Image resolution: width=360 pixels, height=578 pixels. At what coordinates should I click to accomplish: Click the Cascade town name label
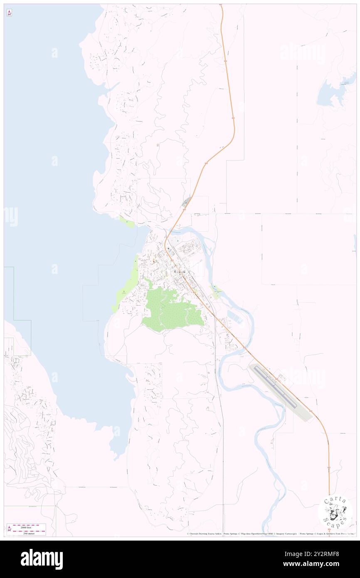click(180, 272)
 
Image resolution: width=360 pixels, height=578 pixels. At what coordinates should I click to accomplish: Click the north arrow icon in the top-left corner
click(9, 13)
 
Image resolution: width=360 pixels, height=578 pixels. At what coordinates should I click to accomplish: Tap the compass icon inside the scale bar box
click(9, 529)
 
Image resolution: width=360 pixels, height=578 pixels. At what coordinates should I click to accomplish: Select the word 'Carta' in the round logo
click(335, 500)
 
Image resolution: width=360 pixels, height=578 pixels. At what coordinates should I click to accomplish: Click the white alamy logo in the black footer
click(42, 559)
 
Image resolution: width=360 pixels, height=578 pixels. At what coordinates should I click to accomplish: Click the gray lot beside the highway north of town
click(186, 203)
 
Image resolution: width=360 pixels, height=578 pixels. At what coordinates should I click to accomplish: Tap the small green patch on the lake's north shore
click(127, 222)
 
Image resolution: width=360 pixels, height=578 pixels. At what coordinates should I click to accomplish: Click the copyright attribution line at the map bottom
click(270, 534)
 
